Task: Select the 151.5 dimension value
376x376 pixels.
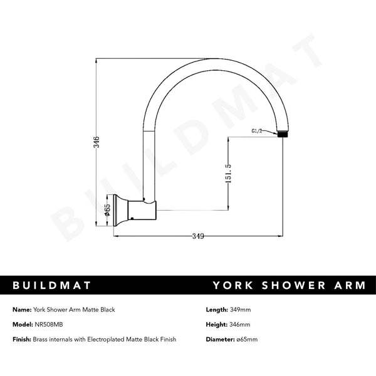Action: tap(231, 175)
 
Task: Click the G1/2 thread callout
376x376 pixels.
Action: tap(258, 132)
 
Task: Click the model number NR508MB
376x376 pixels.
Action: tap(50, 325)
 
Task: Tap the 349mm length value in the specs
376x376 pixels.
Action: tap(241, 310)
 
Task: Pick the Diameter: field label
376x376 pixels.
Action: tap(219, 339)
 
